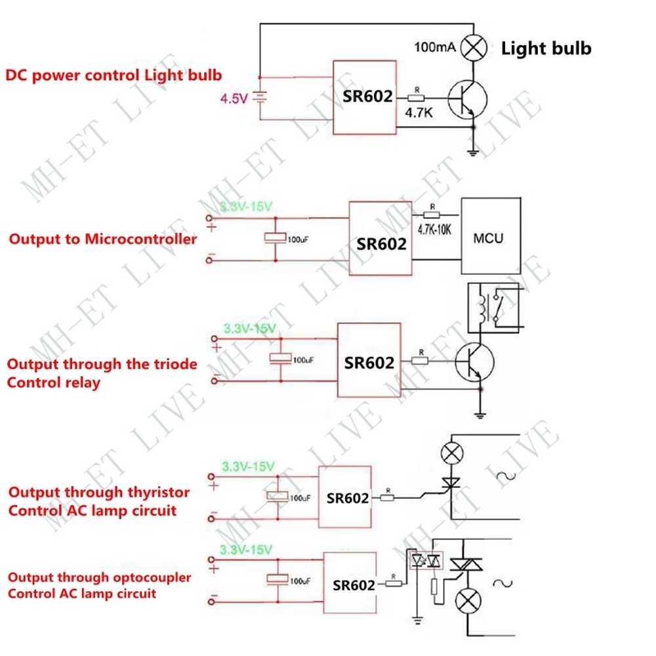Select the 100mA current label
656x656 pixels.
[434, 48]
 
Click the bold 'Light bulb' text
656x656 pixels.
[546, 49]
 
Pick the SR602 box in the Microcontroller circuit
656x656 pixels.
[380, 237]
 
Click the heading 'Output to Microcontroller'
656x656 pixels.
[102, 239]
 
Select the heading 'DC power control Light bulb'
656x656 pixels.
[113, 75]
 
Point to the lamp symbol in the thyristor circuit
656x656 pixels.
[450, 453]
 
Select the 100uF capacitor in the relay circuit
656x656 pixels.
[280, 358]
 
